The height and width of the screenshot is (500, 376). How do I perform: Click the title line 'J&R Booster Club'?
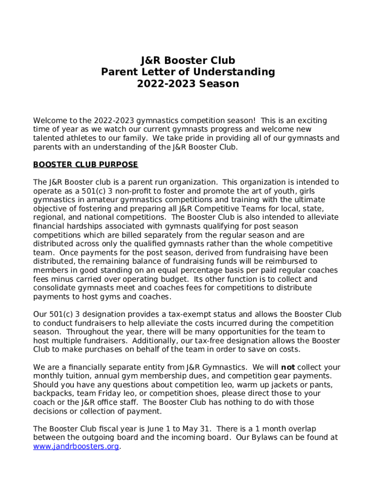tap(188, 61)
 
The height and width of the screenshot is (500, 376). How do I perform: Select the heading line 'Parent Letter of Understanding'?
tap(188, 72)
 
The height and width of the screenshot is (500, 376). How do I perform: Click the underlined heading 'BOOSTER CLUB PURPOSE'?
tap(85, 165)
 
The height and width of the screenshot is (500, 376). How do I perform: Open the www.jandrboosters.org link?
tap(76, 447)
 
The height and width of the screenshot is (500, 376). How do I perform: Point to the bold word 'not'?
tap(288, 367)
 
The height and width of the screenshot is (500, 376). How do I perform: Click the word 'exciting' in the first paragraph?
tap(311, 121)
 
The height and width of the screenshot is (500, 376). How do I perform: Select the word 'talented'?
tap(48, 138)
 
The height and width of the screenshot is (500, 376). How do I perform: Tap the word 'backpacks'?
tap(51, 394)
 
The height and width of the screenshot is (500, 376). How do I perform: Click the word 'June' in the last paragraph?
tap(139, 429)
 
